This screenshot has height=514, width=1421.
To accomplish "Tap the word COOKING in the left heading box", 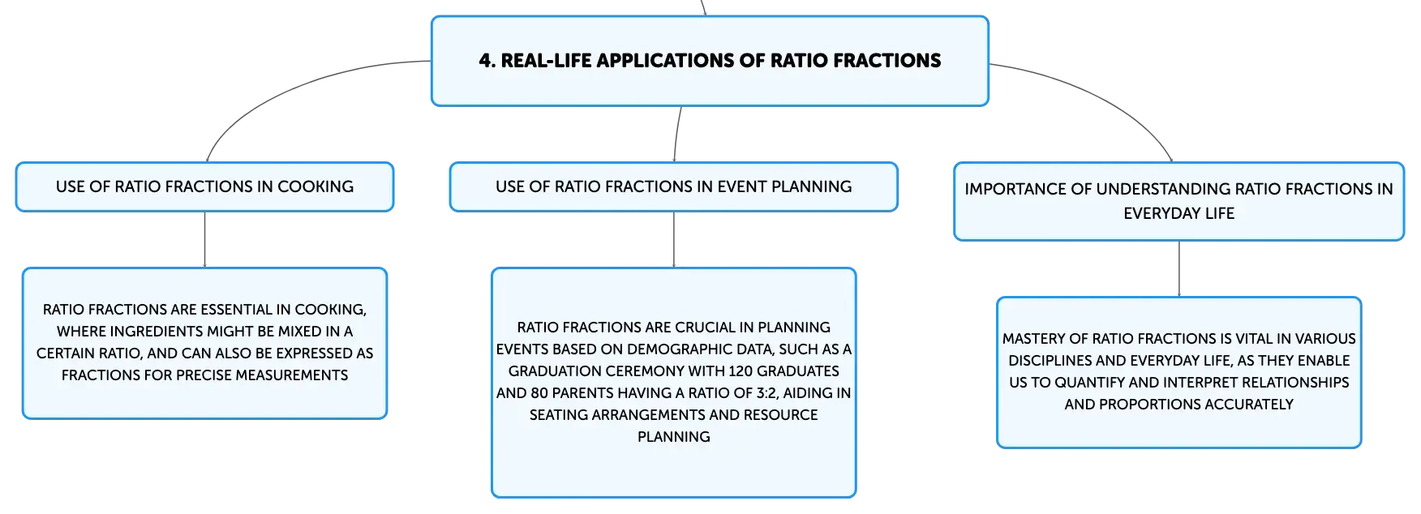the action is (316, 186).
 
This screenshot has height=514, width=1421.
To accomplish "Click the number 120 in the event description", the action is (741, 371).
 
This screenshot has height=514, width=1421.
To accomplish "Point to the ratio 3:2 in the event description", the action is (766, 393).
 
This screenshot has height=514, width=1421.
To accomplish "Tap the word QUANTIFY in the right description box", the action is (1089, 383).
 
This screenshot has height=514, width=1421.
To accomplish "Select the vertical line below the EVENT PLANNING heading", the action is (674, 240).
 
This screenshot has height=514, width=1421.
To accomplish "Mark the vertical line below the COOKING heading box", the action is (204, 240).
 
